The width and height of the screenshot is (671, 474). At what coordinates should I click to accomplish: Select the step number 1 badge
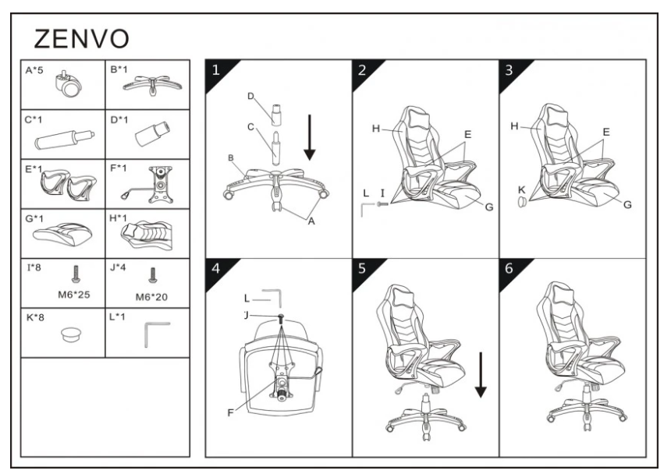(x=216, y=70)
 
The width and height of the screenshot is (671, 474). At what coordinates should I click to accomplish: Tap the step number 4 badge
(x=216, y=270)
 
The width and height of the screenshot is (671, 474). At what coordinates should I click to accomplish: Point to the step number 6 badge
(x=509, y=270)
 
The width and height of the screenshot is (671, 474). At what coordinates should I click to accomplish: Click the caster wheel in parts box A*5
(x=68, y=86)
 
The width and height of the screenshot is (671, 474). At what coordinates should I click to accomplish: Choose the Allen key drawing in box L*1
(x=157, y=334)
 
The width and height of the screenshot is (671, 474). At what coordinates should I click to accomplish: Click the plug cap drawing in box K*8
(x=73, y=334)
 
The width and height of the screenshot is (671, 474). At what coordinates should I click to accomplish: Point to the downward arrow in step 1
(x=310, y=137)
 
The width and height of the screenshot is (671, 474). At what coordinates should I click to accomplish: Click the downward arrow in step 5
(x=479, y=374)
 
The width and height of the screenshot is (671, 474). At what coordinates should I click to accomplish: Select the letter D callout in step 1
(x=250, y=96)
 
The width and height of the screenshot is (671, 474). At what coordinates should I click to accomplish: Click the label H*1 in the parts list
(x=119, y=219)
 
